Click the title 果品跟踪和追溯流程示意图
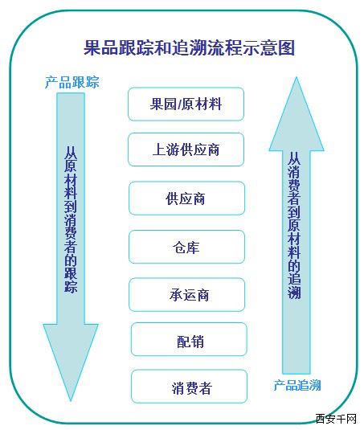(x=189, y=47)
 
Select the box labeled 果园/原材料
(x=186, y=104)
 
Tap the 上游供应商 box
(x=186, y=149)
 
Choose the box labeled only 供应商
(x=186, y=198)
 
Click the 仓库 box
(x=186, y=247)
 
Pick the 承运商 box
(x=186, y=294)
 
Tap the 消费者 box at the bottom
(x=189, y=387)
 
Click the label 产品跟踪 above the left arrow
(x=72, y=82)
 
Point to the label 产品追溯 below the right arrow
(x=297, y=385)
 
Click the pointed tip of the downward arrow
(x=71, y=401)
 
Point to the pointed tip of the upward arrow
(x=297, y=77)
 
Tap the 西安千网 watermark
(x=336, y=419)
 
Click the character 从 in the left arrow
(x=71, y=153)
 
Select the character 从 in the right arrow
(x=294, y=159)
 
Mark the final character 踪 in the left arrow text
(x=71, y=287)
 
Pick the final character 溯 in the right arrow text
(x=294, y=293)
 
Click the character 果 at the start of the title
(x=92, y=47)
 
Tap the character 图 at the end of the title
(x=286, y=47)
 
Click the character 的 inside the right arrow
(x=294, y=266)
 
